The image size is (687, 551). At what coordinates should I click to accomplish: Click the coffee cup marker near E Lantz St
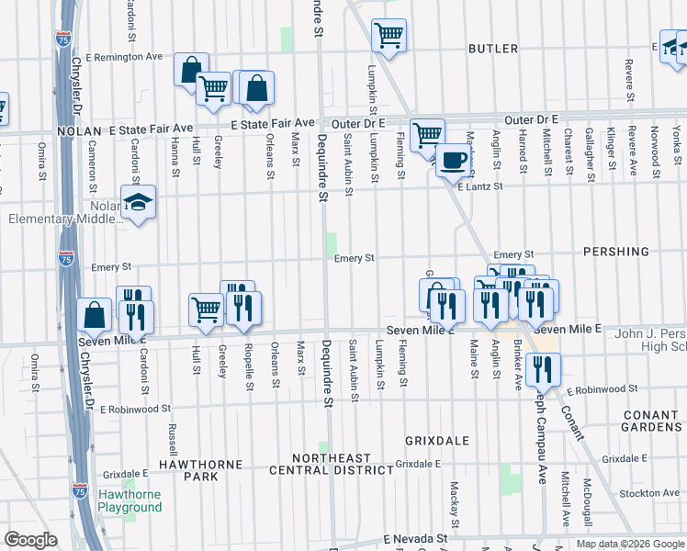pyautogui.click(x=453, y=161)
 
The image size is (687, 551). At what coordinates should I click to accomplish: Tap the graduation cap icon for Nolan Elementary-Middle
pyautogui.click(x=138, y=203)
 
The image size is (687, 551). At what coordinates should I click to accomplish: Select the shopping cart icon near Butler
pyautogui.click(x=389, y=36)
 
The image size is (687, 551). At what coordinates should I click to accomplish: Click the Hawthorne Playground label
pyautogui.click(x=130, y=500)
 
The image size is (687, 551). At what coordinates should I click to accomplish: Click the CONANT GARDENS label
pyautogui.click(x=650, y=422)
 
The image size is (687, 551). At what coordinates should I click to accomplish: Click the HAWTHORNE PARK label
pyautogui.click(x=199, y=470)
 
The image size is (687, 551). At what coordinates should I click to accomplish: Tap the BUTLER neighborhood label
pyautogui.click(x=493, y=49)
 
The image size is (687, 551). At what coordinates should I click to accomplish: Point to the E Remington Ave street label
pyautogui.click(x=124, y=57)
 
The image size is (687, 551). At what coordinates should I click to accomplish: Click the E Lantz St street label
pyautogui.click(x=481, y=186)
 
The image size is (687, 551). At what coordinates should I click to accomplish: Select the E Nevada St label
pyautogui.click(x=415, y=537)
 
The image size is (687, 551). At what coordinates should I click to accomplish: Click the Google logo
pyautogui.click(x=30, y=540)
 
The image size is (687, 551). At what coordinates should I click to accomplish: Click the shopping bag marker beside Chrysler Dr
pyautogui.click(x=95, y=315)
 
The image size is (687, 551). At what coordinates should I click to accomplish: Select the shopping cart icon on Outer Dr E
pyautogui.click(x=427, y=135)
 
